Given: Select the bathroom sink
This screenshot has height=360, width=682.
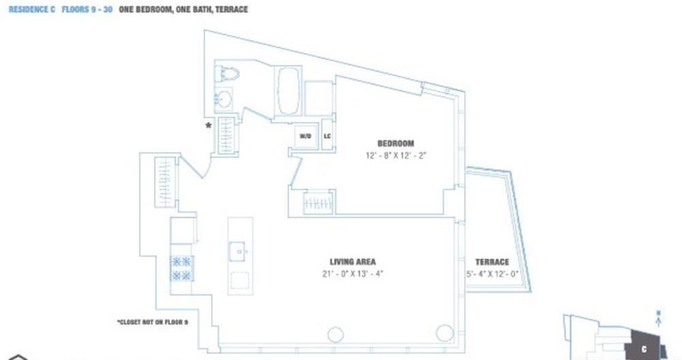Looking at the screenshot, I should pos(224,100).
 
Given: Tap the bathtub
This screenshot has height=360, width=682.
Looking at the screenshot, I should pos(288,91).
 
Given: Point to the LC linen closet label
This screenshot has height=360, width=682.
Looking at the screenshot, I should pos(327,136).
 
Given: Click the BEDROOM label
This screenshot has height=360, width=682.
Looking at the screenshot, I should pos(395,143).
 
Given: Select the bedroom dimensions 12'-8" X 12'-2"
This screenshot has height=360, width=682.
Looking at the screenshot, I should pos(395,155).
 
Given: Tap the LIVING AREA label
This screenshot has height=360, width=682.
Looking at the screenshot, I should pos(352,262).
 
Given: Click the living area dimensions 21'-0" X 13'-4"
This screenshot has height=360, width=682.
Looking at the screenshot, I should pos(352,274).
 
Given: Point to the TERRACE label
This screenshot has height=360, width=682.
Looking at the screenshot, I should pos(492,262).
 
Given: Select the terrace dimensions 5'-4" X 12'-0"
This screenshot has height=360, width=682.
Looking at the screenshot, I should pos(492,274).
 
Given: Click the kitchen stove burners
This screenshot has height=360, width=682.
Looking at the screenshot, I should pos(182,268).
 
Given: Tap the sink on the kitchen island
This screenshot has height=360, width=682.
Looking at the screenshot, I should pos(240,250).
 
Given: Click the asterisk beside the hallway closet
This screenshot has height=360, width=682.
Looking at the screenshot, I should pos(209,125).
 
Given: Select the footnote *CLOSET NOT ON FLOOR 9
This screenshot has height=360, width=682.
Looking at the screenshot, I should pos(153,322).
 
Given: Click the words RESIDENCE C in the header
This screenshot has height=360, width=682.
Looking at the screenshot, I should pos(31,10).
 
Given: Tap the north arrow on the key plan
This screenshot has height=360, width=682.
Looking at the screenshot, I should pos(658,316).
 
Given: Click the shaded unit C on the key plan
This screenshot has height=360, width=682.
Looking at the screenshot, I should pos(645,344).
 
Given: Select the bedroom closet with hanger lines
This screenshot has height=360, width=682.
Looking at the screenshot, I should pos(318,202).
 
